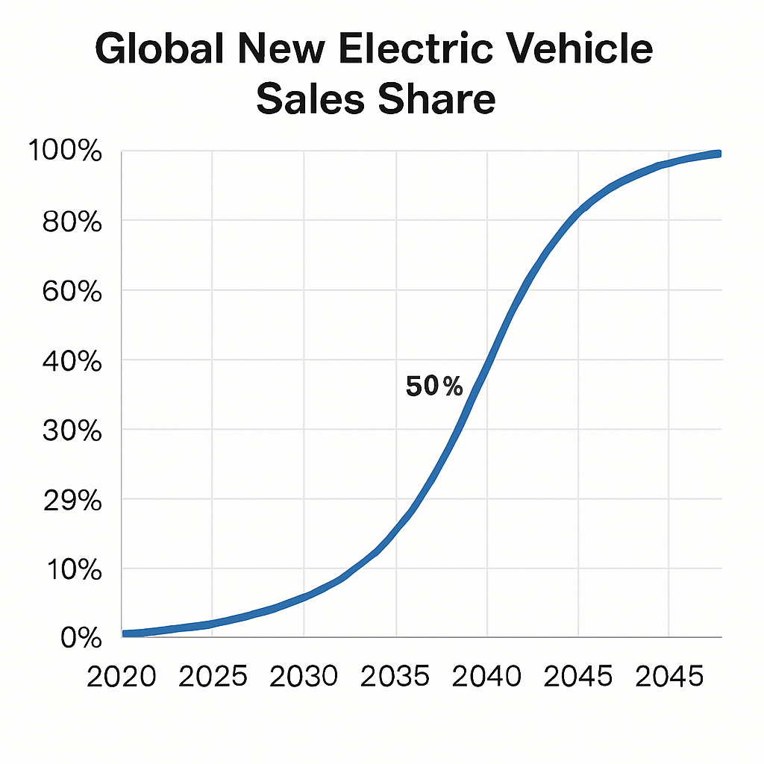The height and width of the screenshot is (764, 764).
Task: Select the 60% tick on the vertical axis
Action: [x=72, y=290]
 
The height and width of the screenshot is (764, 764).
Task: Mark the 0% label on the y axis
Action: [x=80, y=638]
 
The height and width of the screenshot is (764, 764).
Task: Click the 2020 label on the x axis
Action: [x=122, y=677]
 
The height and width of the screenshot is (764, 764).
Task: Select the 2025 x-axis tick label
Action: [x=213, y=677]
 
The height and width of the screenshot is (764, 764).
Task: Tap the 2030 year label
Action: [x=304, y=677]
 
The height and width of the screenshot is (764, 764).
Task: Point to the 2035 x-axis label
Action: [x=395, y=677]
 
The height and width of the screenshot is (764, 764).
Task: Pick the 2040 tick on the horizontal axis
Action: [x=486, y=677]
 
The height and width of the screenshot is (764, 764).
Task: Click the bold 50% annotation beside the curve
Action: [x=434, y=387]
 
